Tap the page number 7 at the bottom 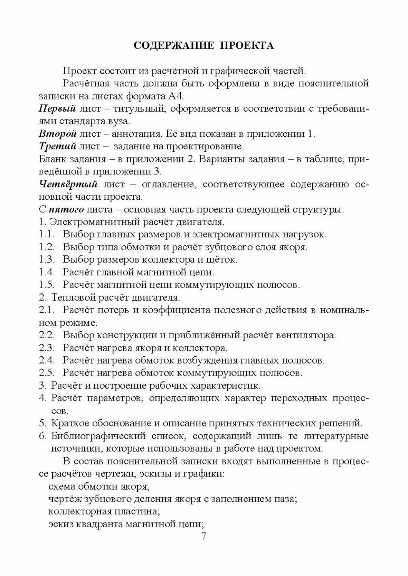click(204, 536)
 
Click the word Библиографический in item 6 click(98, 436)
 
